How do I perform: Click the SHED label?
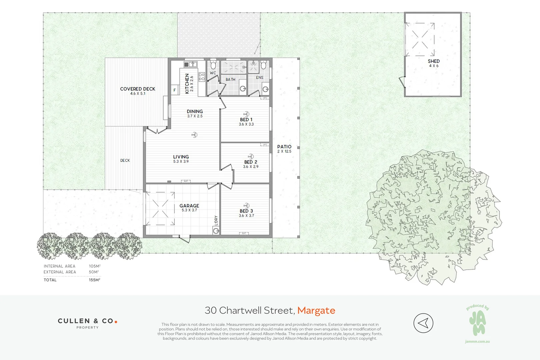(x=434, y=61)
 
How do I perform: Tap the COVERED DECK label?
(x=138, y=89)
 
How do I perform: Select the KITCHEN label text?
(x=187, y=84)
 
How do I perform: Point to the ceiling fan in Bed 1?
(x=246, y=114)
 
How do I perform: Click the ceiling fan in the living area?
(x=194, y=135)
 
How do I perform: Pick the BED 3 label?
(x=246, y=211)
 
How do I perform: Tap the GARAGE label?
(x=189, y=206)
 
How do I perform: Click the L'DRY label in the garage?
(x=216, y=221)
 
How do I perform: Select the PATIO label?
(x=284, y=147)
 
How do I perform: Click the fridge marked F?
(x=174, y=90)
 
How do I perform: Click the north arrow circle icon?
(x=423, y=323)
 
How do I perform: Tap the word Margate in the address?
(x=316, y=310)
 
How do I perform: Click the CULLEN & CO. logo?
(x=87, y=323)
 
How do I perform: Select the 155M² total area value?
(x=95, y=280)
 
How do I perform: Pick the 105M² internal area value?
(x=95, y=266)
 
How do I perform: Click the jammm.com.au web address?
(x=477, y=341)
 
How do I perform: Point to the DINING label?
(x=195, y=112)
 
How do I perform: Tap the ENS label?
(x=260, y=78)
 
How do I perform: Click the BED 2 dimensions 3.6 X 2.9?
(x=251, y=167)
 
